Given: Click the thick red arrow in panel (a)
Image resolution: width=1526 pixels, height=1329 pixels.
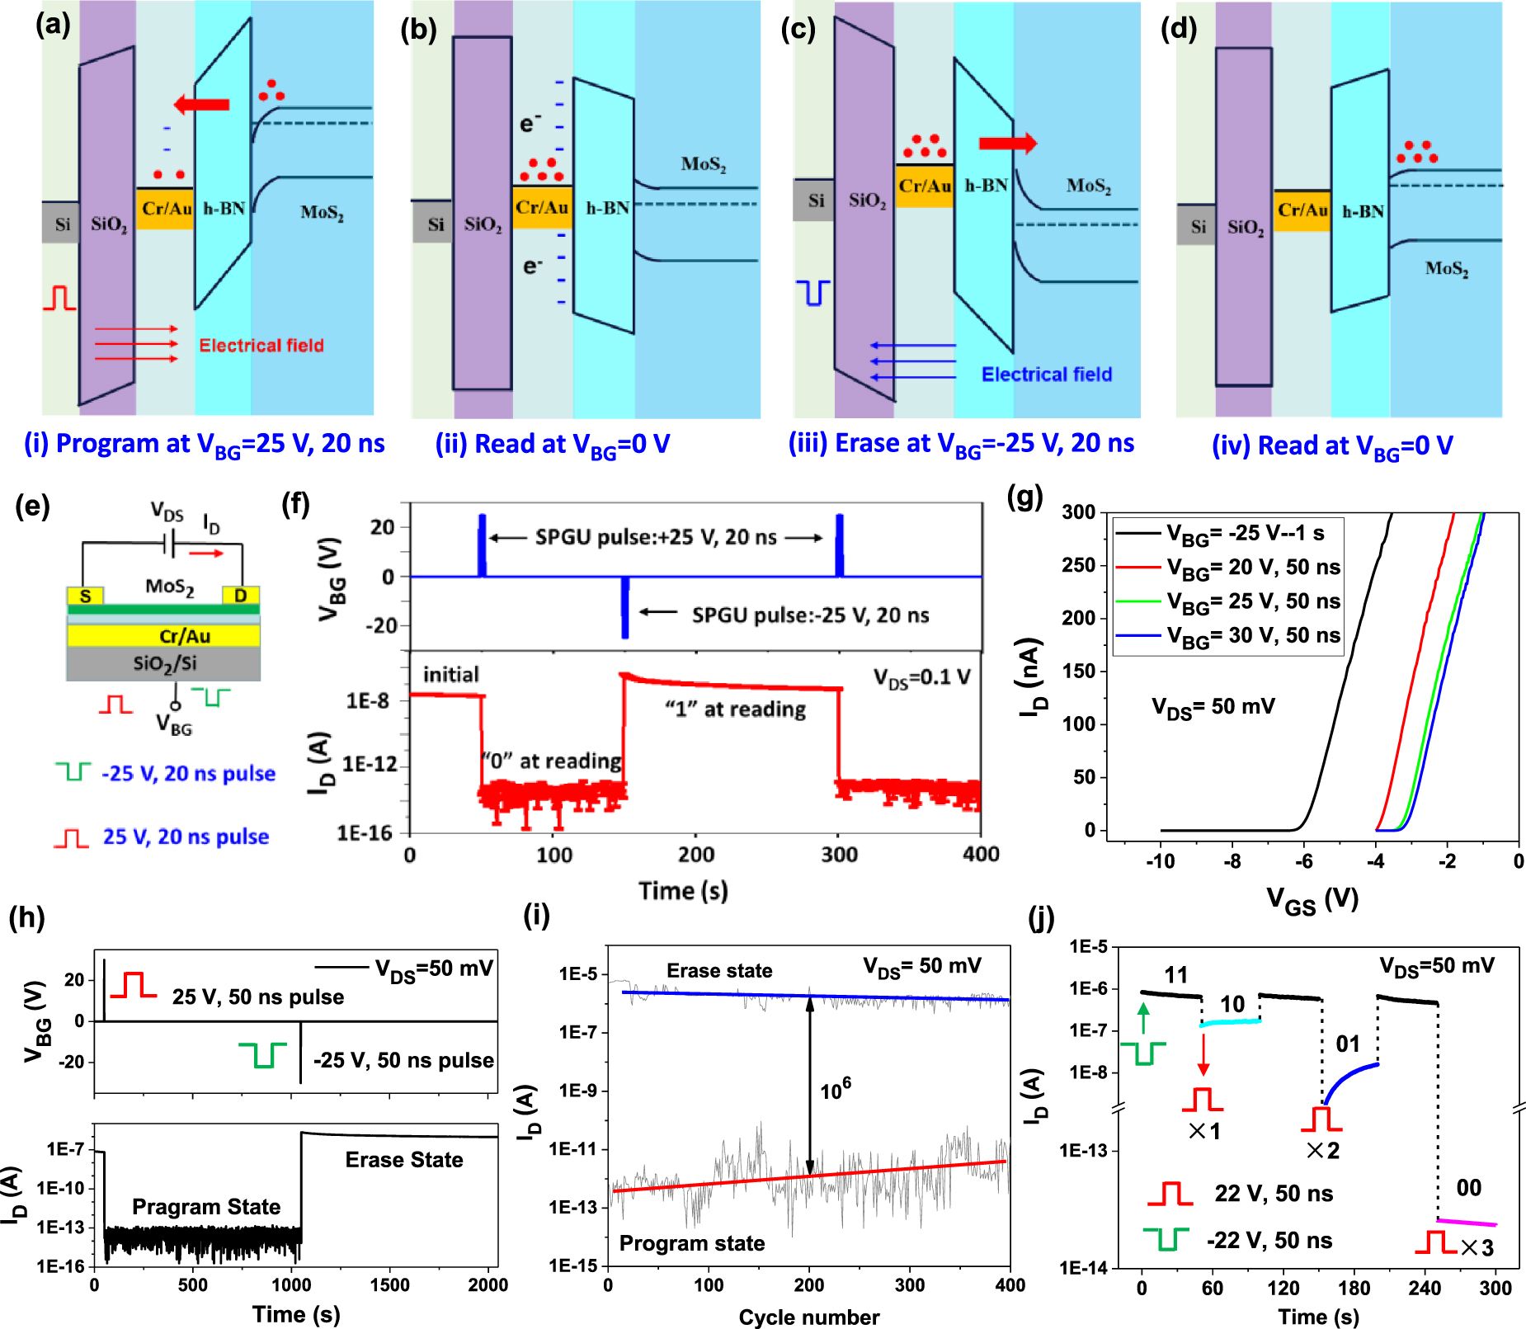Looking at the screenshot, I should click(201, 104).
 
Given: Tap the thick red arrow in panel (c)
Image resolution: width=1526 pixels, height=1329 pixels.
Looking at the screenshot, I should click(1006, 143).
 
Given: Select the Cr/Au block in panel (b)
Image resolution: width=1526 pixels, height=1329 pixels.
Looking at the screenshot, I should click(542, 207).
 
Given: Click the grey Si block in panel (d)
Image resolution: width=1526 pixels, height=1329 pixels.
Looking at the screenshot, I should click(1197, 226).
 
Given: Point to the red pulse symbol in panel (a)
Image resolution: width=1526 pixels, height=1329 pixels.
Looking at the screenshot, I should click(59, 298).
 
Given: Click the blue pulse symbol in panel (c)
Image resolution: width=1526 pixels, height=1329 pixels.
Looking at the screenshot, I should click(813, 293).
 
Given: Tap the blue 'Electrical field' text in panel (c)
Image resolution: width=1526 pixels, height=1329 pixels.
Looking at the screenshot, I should click(1046, 375).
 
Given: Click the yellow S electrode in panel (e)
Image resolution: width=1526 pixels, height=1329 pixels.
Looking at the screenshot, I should click(85, 596).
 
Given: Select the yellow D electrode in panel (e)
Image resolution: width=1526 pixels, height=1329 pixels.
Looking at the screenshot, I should click(241, 596).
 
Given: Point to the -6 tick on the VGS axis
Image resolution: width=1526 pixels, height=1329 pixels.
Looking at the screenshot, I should click(1303, 861).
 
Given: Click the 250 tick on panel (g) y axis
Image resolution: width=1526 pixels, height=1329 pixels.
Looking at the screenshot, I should click(1079, 566).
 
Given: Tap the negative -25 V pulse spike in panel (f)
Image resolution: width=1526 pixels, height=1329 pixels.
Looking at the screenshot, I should click(624, 609).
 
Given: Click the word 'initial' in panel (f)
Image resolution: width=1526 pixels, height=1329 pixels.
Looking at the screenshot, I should click(450, 675).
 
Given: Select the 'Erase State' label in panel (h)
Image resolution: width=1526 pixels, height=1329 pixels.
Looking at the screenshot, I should click(403, 1160).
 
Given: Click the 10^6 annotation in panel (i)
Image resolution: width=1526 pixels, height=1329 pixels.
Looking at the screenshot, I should click(835, 1091).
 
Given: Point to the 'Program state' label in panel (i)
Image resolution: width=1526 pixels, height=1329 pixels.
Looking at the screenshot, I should click(691, 1243).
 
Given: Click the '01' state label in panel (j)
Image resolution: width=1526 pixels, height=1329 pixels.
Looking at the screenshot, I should click(1347, 1044).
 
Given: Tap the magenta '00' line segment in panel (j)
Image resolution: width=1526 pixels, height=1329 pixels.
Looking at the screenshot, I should click(1467, 1223).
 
